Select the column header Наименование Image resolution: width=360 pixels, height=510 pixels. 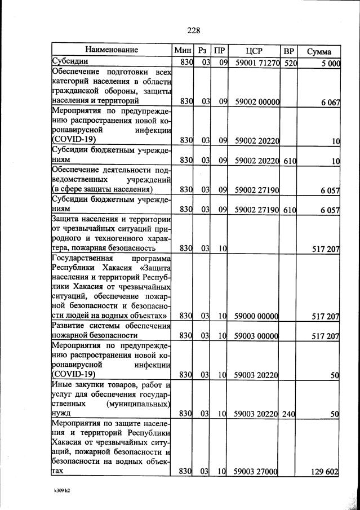[x=112, y=50]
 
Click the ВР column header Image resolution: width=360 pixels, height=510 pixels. [x=289, y=50]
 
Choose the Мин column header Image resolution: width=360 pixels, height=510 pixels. [x=184, y=50]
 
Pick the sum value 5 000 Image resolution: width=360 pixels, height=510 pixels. [x=327, y=64]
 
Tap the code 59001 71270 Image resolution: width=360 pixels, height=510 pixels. [x=257, y=63]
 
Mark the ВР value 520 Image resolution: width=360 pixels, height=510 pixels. [x=290, y=63]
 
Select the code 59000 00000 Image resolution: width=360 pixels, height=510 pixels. [x=257, y=316]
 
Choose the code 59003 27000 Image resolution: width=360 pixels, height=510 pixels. [x=257, y=471]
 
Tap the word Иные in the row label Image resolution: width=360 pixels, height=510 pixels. [x=62, y=385]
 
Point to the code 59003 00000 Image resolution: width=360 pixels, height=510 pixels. [x=257, y=336]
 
